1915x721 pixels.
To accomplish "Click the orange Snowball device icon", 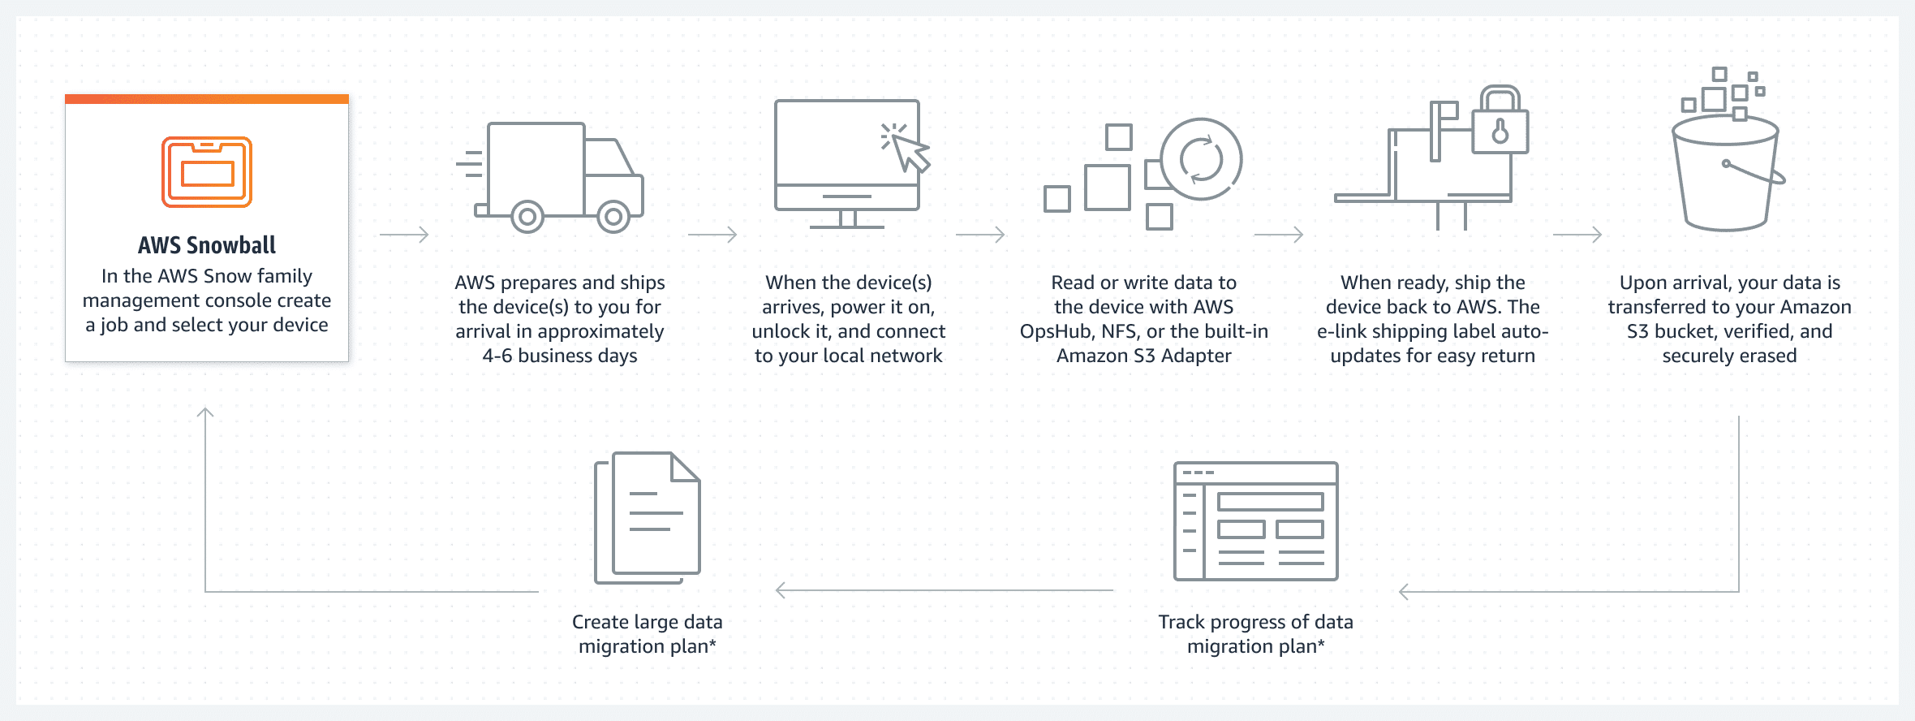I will [207, 172].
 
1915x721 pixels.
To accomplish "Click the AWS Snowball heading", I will [207, 245].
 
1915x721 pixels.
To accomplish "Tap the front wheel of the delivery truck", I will [613, 217].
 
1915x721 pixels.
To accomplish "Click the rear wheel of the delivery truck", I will [527, 217].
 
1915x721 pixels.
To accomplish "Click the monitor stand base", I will [847, 226].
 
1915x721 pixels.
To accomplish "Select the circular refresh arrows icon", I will [1201, 159].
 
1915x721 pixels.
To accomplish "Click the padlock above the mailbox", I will [1500, 123].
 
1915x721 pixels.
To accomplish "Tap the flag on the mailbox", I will [1444, 113].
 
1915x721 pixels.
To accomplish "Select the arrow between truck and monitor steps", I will [712, 235].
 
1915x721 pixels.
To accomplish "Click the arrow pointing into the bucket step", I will [1577, 235].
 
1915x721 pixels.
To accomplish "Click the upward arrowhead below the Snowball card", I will [205, 413].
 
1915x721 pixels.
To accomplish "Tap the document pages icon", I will [648, 517].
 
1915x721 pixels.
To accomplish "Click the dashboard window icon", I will [1256, 521].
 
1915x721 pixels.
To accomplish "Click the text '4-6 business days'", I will [560, 356].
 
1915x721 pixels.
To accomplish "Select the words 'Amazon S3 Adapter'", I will [1143, 356].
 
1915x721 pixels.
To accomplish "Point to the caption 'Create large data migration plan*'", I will [647, 634].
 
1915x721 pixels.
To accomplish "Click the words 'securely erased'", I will [1729, 356].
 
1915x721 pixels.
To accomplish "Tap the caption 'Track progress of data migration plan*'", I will [1255, 634].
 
